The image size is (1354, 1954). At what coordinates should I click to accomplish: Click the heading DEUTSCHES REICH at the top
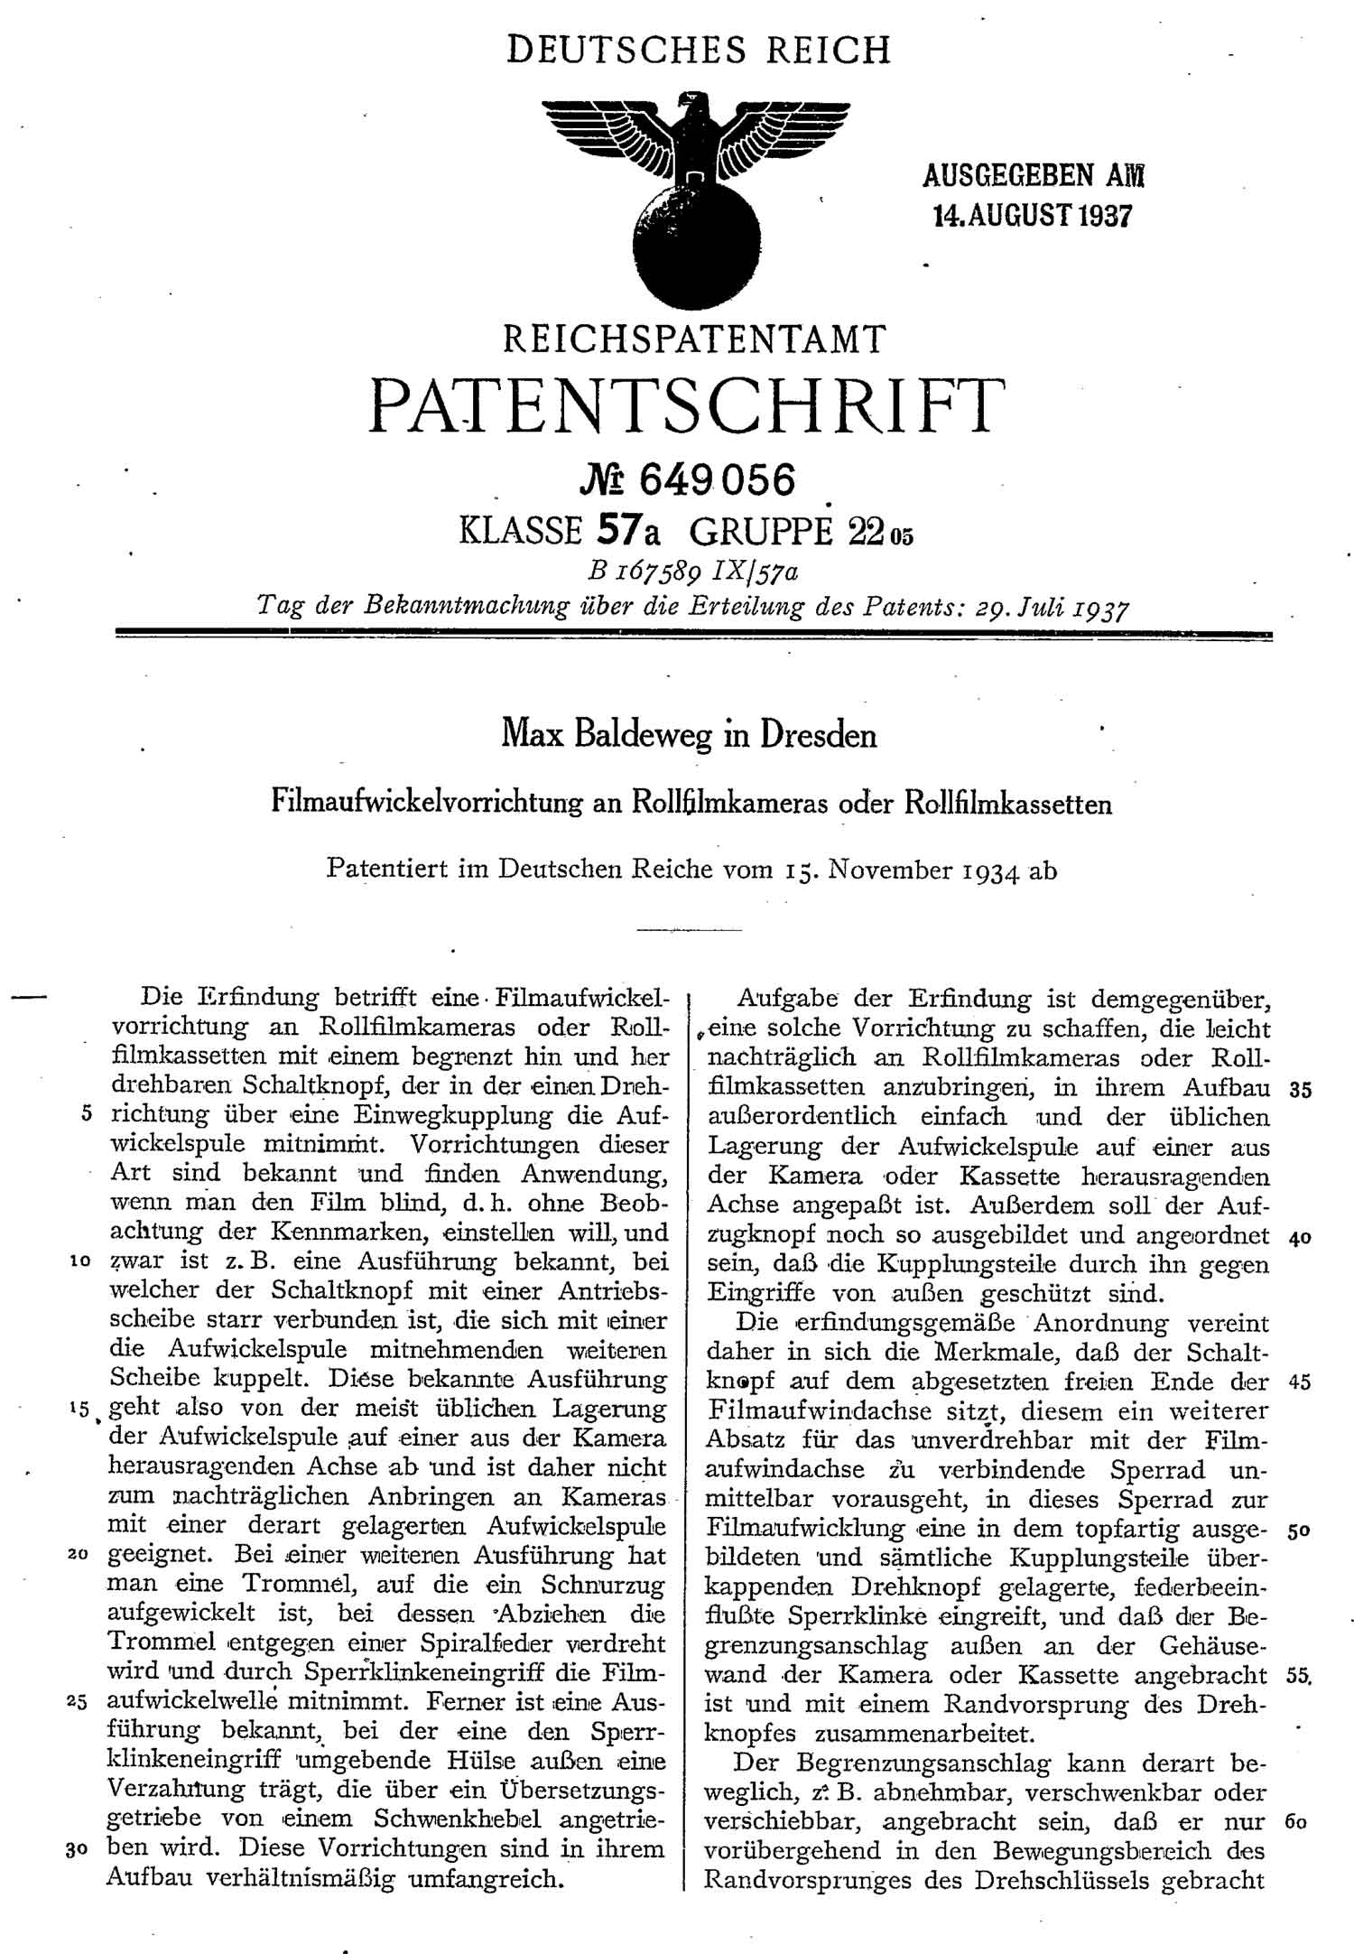699,50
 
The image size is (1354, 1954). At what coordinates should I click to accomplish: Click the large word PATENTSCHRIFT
686,406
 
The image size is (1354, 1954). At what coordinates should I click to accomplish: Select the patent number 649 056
717,479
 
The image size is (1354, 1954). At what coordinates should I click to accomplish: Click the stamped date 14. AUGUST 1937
1032,216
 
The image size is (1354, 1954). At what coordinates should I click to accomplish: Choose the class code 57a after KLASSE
628,531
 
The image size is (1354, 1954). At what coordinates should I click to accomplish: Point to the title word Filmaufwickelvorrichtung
427,803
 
